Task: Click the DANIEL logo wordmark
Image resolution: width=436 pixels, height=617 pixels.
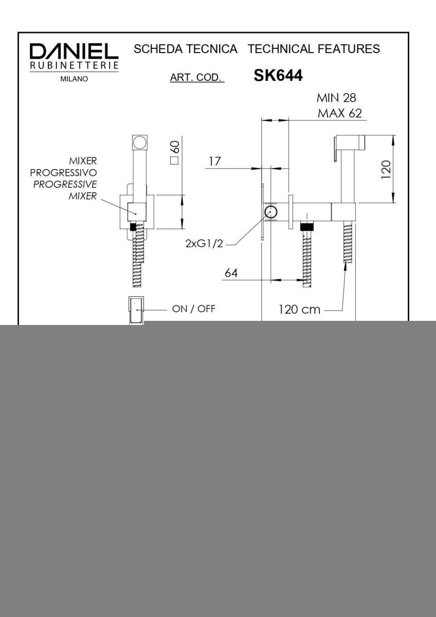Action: [74, 51]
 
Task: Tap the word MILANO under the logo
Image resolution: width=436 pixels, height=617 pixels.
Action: [74, 79]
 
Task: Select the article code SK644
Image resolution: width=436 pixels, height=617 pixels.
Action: [278, 75]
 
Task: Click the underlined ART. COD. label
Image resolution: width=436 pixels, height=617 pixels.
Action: [197, 78]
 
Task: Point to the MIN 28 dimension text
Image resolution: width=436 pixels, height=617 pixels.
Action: [336, 98]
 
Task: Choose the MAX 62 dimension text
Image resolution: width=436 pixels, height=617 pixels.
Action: [340, 114]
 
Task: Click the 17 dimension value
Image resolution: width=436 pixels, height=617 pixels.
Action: [214, 161]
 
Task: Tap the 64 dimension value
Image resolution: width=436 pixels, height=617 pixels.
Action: [231, 273]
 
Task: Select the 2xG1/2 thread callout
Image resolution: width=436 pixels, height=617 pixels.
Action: [204, 244]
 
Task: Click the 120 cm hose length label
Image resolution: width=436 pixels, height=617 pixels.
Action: [300, 310]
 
